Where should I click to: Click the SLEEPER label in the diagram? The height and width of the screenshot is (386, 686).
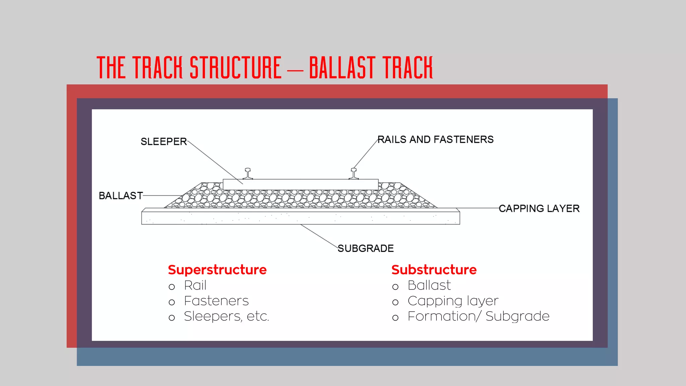pos(163,141)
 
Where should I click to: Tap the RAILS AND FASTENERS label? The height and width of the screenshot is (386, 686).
pos(435,139)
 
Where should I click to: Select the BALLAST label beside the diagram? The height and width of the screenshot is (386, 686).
pos(121,196)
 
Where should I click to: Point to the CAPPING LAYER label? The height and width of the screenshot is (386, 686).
pos(539,208)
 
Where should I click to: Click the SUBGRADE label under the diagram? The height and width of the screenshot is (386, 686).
pos(365,248)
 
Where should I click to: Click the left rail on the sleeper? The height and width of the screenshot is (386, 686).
pos(248,174)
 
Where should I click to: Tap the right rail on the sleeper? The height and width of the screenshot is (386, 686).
pos(354,174)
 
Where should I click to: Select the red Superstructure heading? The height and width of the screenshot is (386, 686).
pos(217,270)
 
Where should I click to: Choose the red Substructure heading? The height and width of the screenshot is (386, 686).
pos(434,270)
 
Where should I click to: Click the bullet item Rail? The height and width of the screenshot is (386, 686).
pos(195,285)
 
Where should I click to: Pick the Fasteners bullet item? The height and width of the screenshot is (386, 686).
pos(216,301)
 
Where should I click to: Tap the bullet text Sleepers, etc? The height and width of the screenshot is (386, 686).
pos(226,316)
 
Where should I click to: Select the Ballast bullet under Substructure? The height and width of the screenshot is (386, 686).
pos(429,285)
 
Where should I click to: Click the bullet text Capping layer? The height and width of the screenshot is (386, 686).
pos(453,301)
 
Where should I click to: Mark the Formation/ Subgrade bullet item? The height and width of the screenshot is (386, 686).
pos(478,316)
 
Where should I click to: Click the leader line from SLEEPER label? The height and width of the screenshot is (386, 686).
pos(214,162)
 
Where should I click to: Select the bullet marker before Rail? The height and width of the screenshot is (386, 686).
pos(172,287)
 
